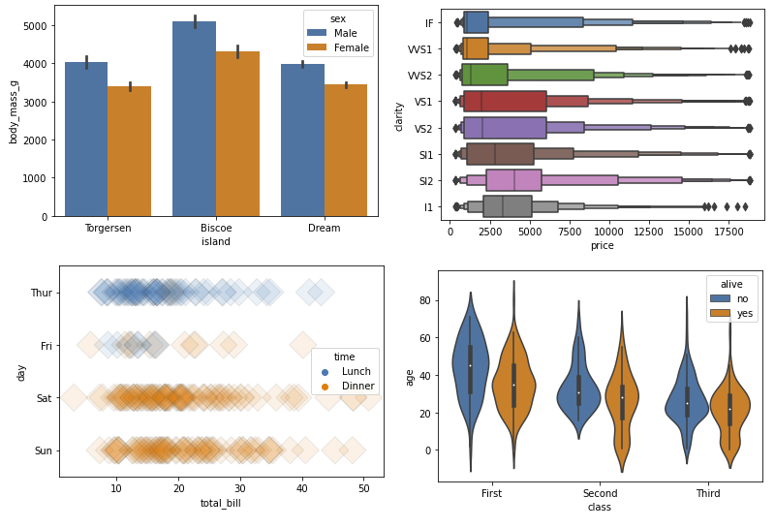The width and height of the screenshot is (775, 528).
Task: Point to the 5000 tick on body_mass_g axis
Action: (x=35, y=26)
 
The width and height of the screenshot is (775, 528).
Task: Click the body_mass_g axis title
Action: (x=14, y=111)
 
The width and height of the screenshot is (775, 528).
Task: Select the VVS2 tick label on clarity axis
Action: (x=419, y=76)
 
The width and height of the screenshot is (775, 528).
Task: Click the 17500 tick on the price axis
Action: (x=728, y=233)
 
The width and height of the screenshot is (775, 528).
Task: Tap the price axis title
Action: (x=602, y=246)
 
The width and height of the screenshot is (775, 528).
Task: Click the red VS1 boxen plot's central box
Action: (x=505, y=102)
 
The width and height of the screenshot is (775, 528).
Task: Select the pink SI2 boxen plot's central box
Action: (x=513, y=180)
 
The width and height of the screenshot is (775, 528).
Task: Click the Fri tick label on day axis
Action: (x=46, y=345)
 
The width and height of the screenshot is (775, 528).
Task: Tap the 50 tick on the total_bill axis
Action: (x=364, y=487)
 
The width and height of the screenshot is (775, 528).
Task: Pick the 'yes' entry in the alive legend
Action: (x=743, y=315)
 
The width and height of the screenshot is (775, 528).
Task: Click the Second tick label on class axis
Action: (x=601, y=493)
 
